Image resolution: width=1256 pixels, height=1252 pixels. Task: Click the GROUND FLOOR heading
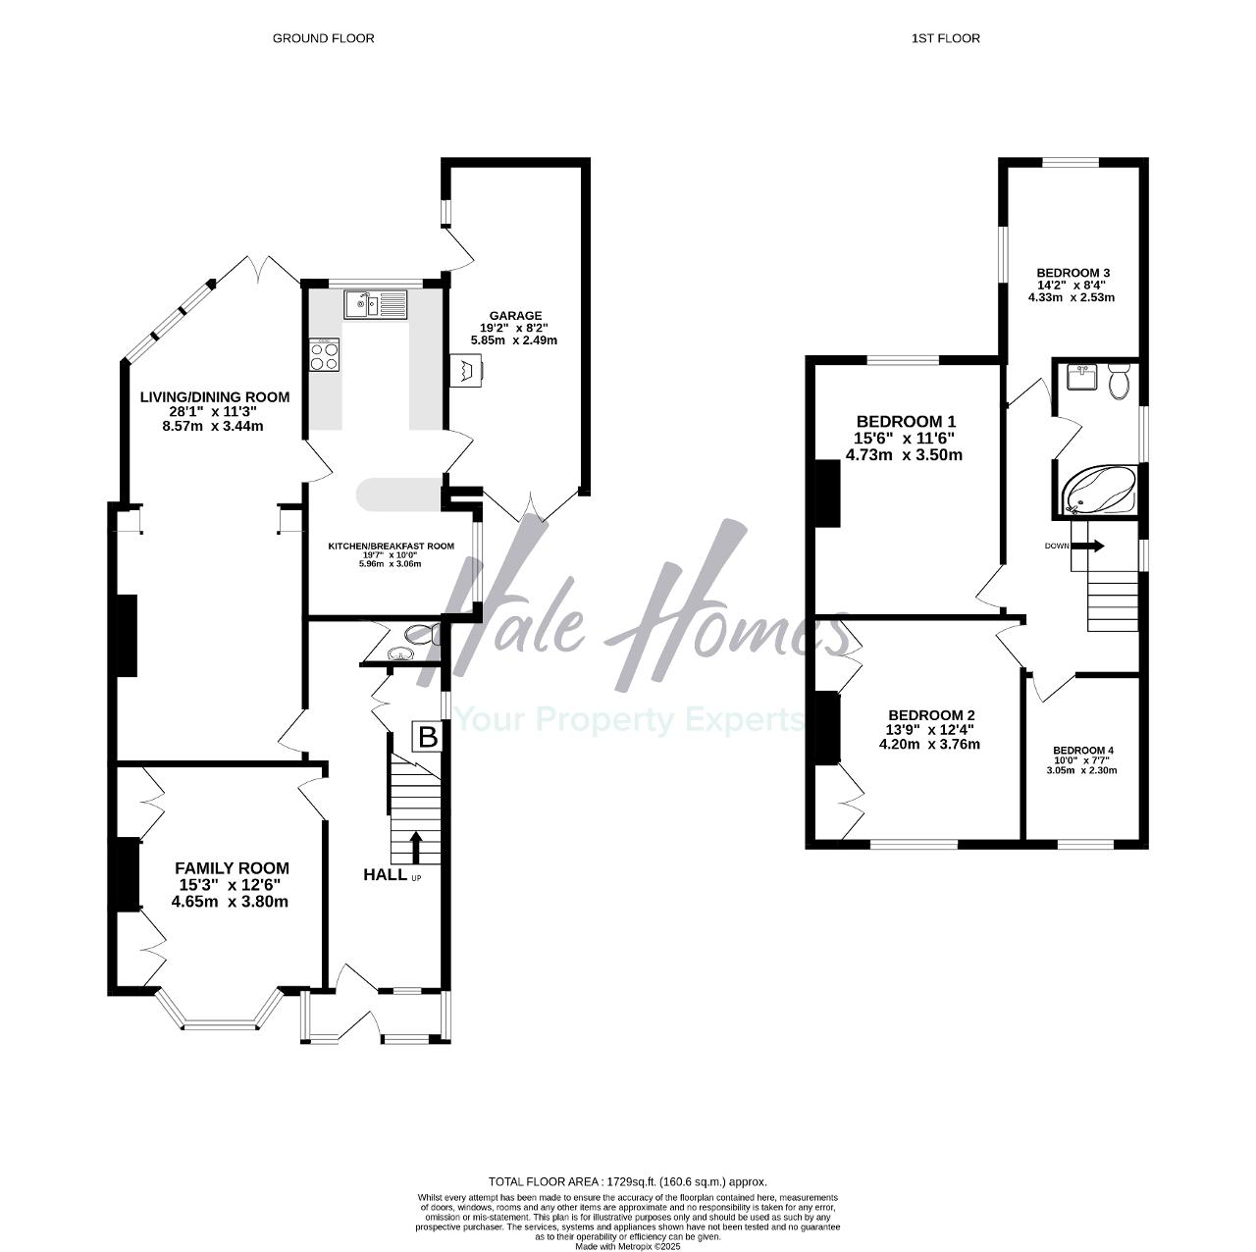323,38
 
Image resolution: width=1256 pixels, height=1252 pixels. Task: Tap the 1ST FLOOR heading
945,38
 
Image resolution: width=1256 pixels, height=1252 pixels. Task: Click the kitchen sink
376,304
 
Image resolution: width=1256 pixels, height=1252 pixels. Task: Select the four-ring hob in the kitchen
325,354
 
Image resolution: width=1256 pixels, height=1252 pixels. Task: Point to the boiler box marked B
428,737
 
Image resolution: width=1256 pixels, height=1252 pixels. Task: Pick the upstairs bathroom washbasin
1082,377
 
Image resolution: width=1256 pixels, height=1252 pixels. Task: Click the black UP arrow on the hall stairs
416,848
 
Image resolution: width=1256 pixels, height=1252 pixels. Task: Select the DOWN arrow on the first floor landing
1087,546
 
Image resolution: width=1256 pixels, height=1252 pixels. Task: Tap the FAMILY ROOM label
232,868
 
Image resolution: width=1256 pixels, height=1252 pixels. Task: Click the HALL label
386,874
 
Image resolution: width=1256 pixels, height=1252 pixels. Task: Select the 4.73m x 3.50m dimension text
904,455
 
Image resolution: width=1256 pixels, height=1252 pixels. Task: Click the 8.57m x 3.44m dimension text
213,426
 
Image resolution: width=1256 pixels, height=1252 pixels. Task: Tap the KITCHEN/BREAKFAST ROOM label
391,547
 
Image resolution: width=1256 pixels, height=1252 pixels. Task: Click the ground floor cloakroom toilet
422,634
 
